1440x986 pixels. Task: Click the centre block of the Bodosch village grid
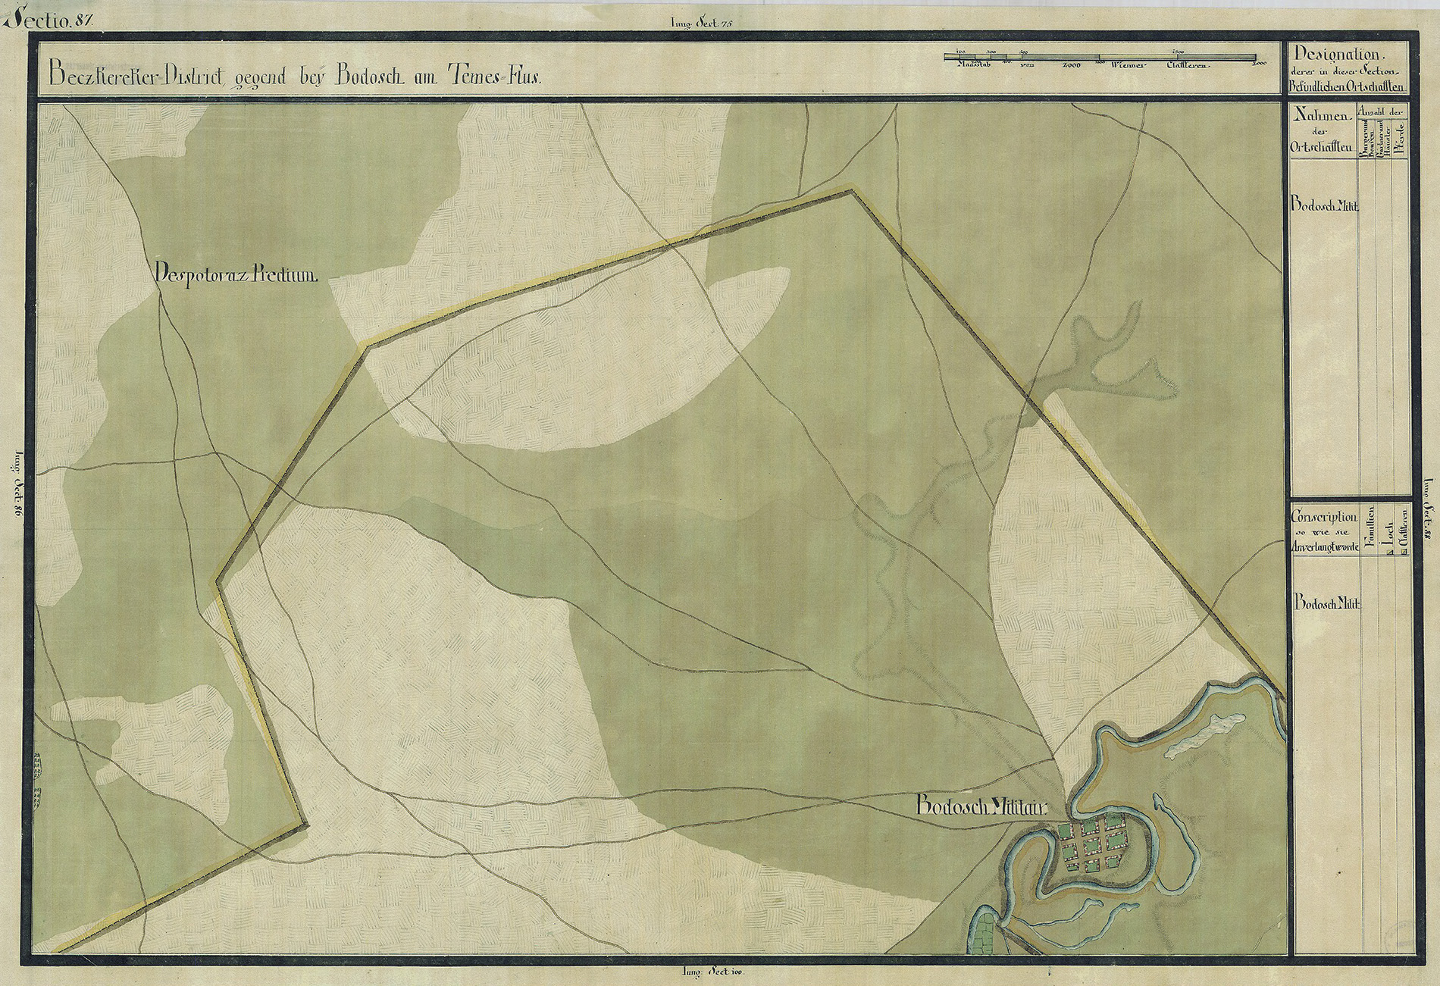pyautogui.click(x=1093, y=843)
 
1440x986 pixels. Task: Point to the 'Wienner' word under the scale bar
pyautogui.click(x=1127, y=66)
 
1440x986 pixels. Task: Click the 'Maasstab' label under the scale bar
pyautogui.click(x=978, y=66)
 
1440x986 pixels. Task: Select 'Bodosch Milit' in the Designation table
pyautogui.click(x=1323, y=206)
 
